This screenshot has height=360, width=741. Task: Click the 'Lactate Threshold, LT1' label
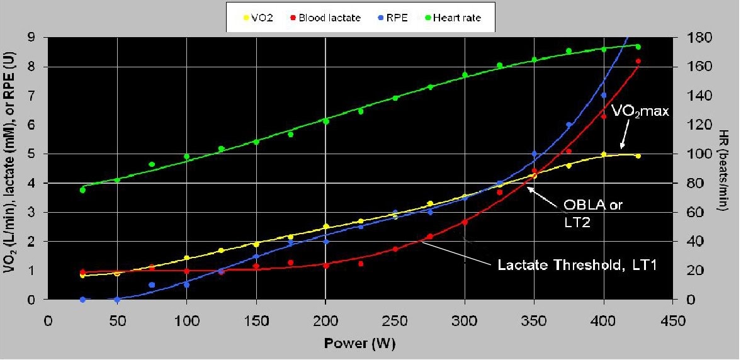pos(577,266)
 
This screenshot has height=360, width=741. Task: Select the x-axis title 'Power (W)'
pos(359,344)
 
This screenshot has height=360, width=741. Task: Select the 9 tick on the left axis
pos(31,38)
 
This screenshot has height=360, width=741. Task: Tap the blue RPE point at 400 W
pos(603,95)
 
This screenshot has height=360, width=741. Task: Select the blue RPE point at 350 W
pos(534,154)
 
